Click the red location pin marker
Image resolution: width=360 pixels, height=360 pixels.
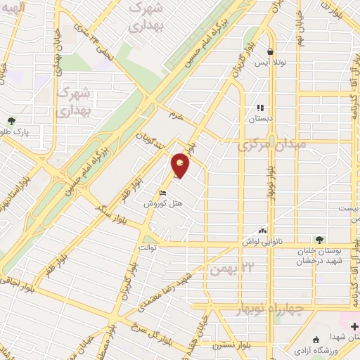click(181, 165)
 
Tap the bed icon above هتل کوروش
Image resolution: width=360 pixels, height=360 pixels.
click(163, 193)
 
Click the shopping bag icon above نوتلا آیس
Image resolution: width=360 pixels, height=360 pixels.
click(271, 51)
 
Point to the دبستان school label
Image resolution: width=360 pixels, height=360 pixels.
click(259, 119)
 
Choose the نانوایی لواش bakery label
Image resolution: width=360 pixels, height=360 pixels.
click(280, 240)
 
